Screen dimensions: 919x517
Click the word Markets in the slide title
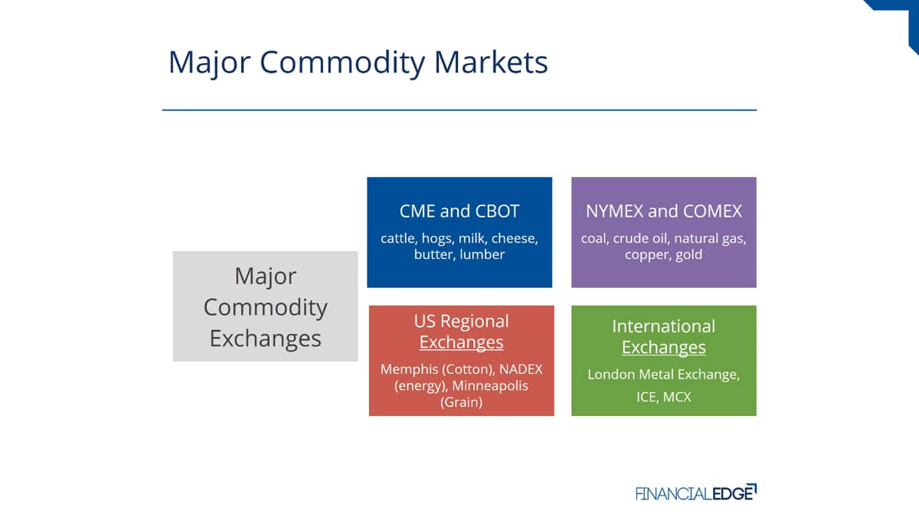pyautogui.click(x=491, y=62)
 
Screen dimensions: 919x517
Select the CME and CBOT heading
pyautogui.click(x=459, y=211)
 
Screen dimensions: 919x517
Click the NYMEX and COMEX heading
pyautogui.click(x=664, y=211)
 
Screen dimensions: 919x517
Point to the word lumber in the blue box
pyautogui.click(x=482, y=254)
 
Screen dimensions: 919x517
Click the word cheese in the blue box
pyautogui.click(x=515, y=238)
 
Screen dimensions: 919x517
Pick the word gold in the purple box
pyautogui.click(x=688, y=255)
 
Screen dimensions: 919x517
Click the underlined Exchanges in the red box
pyautogui.click(x=461, y=342)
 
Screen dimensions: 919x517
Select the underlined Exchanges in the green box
pyautogui.click(x=664, y=348)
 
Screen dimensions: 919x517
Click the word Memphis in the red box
pyautogui.click(x=409, y=370)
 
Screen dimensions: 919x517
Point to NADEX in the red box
pyautogui.click(x=521, y=369)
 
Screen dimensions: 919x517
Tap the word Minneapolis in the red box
pyautogui.click(x=490, y=386)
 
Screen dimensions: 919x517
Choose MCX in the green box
pyautogui.click(x=677, y=398)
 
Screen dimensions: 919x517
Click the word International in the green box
pyautogui.click(x=664, y=326)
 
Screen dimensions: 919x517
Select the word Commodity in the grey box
pyautogui.click(x=266, y=308)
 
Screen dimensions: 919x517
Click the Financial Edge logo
pyautogui.click(x=696, y=492)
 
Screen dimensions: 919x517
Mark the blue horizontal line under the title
pyautogui.click(x=459, y=110)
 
